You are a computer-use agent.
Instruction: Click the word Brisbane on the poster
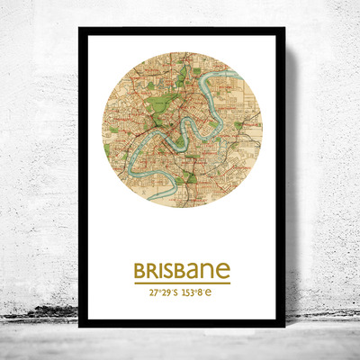(182, 271)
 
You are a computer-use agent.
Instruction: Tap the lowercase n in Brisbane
(209, 272)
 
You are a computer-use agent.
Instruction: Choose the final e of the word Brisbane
(222, 271)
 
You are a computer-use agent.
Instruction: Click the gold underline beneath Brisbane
(182, 283)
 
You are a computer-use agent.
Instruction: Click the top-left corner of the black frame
(80, 30)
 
